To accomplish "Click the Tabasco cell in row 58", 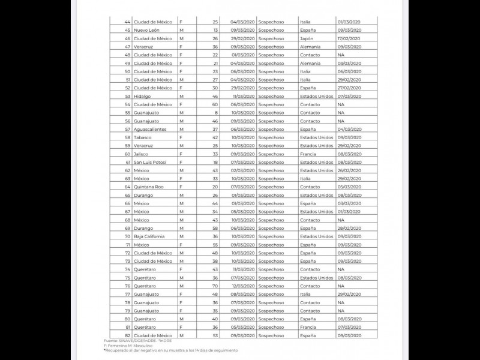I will point(143,137).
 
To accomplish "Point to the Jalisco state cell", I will point(142,154).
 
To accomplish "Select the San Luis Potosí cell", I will point(150,162).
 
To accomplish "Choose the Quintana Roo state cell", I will point(148,187).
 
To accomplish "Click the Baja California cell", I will point(150,236).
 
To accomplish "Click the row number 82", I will point(127,335).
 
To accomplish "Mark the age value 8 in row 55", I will point(215,112).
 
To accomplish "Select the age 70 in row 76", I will point(214,286).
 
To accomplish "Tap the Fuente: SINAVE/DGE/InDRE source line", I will point(138,341).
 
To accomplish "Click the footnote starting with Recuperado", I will point(171,350).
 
